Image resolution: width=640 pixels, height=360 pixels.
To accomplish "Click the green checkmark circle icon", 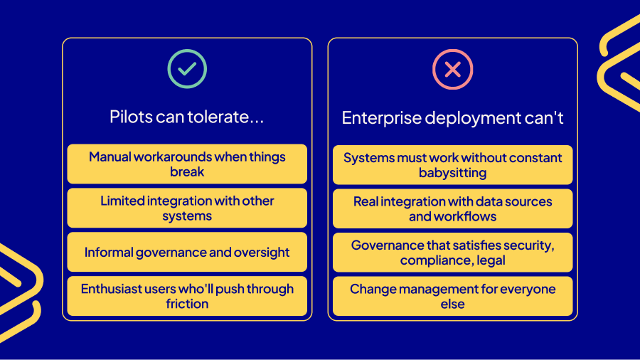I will (187, 68).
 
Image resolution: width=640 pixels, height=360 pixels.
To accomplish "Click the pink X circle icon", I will (452, 69).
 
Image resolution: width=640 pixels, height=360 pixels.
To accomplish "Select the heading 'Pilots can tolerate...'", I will (187, 117).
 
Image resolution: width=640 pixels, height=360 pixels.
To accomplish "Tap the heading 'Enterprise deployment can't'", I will (452, 118).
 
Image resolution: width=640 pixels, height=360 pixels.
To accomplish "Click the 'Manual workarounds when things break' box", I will (187, 164).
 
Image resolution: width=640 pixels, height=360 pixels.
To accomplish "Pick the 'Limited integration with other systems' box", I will (187, 208).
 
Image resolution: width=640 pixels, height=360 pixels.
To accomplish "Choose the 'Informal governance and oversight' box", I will (187, 252).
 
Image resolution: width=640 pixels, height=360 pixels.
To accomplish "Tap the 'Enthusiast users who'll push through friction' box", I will (187, 296).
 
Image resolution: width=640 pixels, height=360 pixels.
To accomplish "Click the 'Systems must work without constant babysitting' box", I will (452, 164).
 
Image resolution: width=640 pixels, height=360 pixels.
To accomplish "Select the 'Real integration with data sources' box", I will (452, 208).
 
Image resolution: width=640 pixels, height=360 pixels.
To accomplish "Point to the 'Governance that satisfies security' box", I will (452, 253).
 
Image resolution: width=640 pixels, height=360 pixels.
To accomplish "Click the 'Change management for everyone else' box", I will (452, 296).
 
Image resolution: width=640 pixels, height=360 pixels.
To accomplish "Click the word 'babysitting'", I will (452, 172).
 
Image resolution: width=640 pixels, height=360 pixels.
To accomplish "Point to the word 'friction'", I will (187, 304).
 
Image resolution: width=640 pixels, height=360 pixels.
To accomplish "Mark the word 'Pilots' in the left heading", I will (130, 117).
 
